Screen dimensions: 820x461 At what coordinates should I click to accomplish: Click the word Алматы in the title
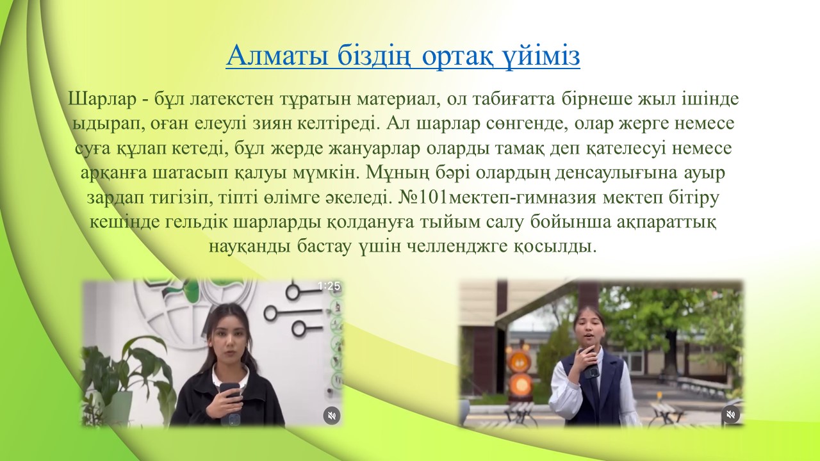point(277,56)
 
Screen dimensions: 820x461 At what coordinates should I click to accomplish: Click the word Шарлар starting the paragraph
point(102,99)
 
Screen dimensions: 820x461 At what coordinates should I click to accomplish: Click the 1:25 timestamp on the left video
point(329,286)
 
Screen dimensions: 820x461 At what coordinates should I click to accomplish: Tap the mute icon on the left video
point(332,416)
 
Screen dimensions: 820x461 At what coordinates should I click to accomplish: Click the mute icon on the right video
point(731,414)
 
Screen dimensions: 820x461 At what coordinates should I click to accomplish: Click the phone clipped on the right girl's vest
point(591,373)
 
